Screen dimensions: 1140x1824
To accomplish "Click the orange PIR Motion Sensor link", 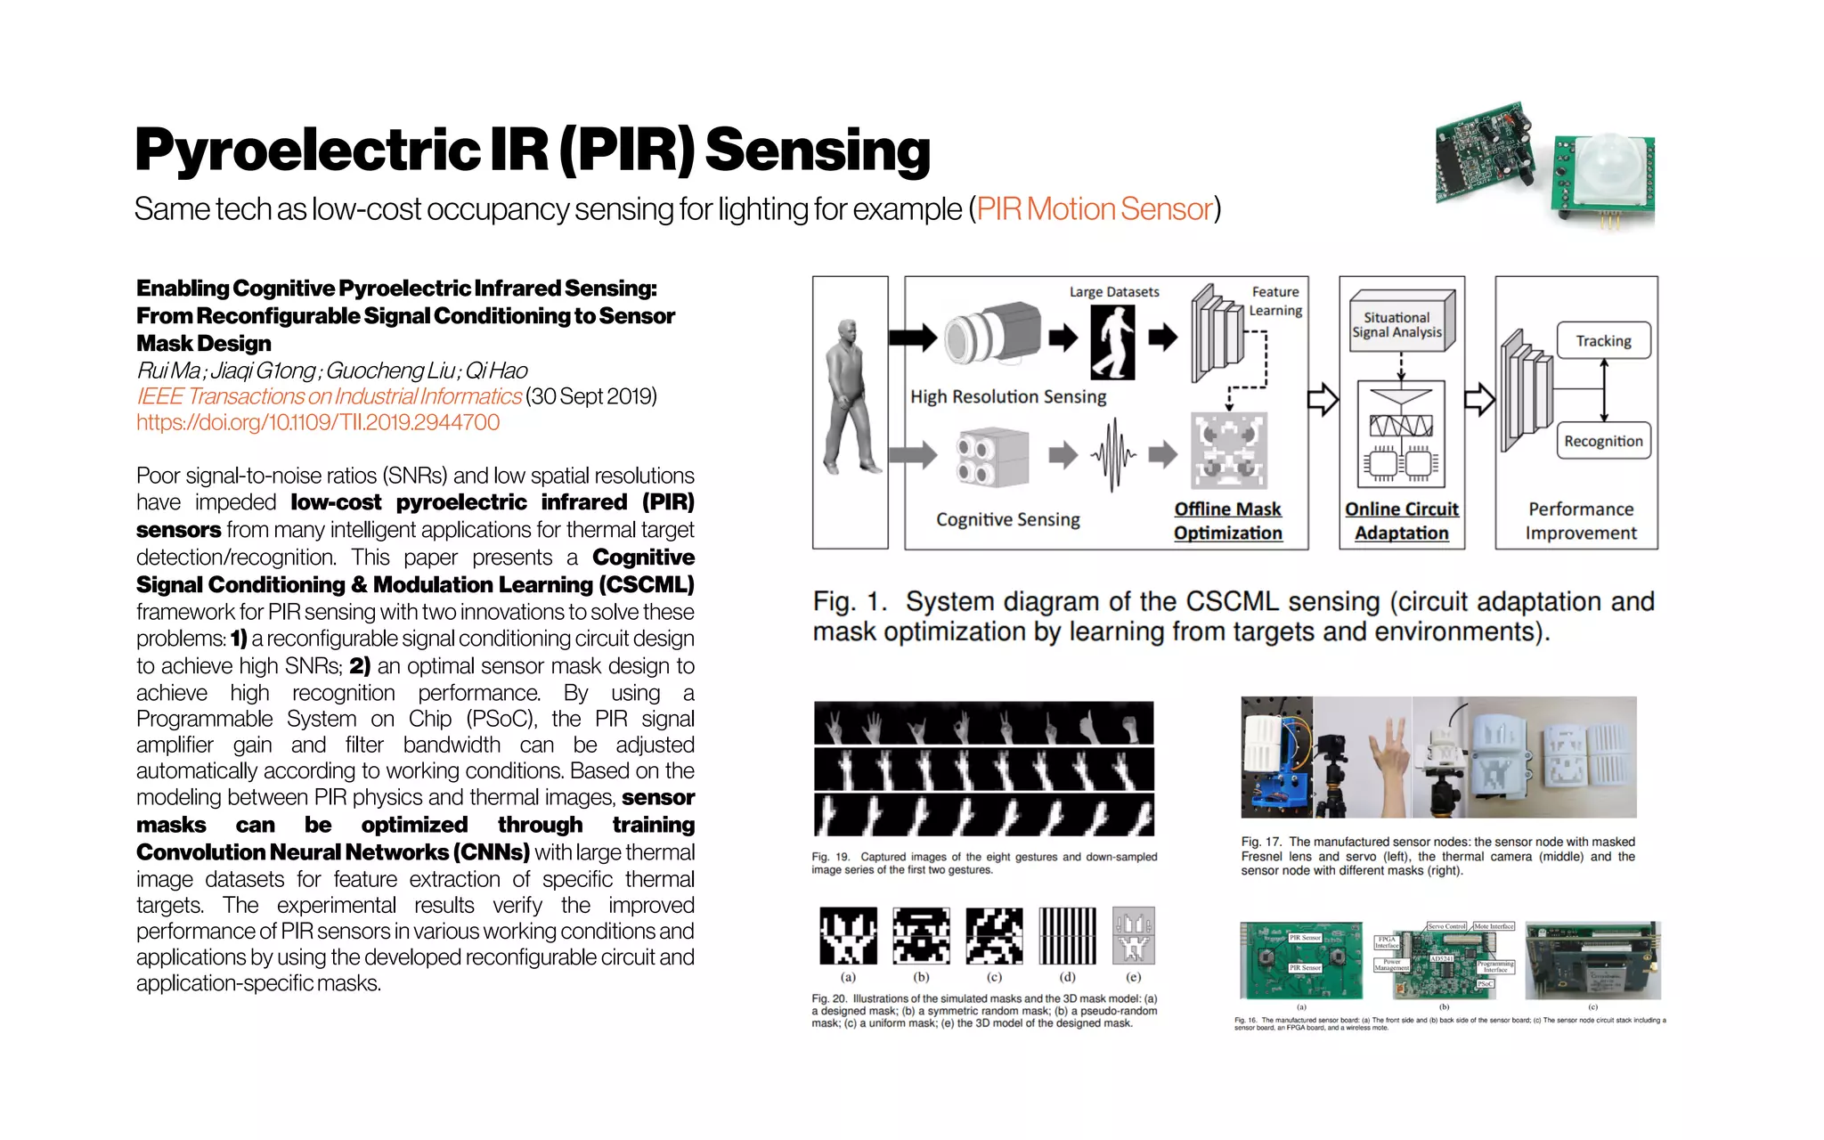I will [1095, 209].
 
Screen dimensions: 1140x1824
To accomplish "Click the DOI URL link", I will [318, 422].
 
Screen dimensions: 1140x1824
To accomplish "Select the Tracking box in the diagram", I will [1603, 341].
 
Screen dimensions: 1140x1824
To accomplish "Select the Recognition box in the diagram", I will [1603, 441].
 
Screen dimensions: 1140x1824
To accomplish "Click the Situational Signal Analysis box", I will [1396, 325].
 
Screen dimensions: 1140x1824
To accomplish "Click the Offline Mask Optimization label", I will [1227, 521].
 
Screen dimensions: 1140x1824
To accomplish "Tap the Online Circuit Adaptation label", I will [1401, 521].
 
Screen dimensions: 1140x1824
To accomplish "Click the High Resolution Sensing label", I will [1007, 397].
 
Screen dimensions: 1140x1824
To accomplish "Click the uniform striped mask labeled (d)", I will [1067, 936].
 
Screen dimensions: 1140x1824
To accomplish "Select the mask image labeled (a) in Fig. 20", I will [848, 936].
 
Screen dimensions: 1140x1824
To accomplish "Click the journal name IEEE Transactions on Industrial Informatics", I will [329, 396].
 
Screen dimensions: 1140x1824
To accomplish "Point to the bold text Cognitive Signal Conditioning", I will [415, 571].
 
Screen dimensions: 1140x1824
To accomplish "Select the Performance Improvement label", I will [1580, 521].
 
